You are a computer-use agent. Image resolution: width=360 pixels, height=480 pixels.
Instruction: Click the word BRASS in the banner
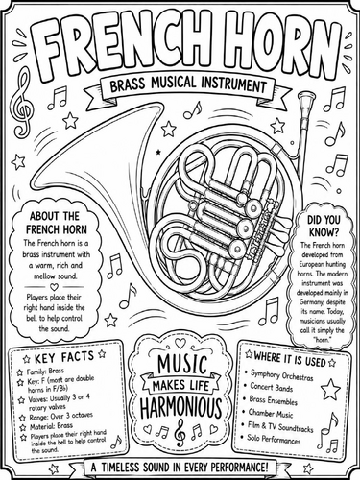click(x=128, y=85)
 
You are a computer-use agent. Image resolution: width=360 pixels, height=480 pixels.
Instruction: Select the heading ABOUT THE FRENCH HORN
click(x=57, y=223)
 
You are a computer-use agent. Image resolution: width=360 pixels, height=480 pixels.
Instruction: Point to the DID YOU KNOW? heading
click(x=324, y=226)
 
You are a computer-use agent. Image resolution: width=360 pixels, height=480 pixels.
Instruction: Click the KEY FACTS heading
click(x=64, y=357)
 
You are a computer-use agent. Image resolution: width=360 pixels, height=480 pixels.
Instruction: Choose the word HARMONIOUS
click(x=181, y=407)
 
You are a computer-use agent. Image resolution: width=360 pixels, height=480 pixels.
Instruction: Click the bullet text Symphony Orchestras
click(x=281, y=375)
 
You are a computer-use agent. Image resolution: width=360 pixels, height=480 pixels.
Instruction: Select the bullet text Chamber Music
click(x=271, y=414)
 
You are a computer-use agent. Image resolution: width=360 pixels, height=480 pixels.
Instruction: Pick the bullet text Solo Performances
click(x=274, y=439)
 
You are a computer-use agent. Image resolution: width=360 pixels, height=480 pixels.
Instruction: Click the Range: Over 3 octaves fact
click(x=60, y=417)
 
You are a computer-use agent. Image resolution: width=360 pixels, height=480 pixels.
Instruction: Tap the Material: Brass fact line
click(x=51, y=426)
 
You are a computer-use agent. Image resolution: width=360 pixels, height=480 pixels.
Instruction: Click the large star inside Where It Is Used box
click(x=330, y=390)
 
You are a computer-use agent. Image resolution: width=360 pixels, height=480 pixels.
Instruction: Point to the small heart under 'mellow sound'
click(x=54, y=286)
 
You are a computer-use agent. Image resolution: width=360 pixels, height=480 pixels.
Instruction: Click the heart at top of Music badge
click(x=180, y=344)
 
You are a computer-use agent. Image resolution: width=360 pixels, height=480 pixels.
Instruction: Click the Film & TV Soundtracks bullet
click(x=280, y=427)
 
